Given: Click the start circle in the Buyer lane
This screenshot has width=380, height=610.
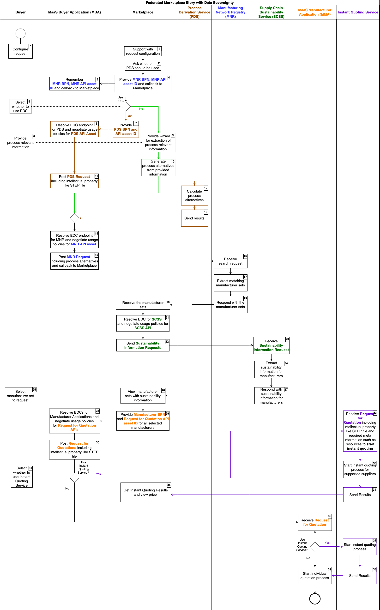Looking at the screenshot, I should pos(20,33).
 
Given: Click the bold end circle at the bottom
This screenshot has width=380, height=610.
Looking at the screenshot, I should pos(315,598).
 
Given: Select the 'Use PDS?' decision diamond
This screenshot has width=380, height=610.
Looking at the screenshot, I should pos(126,107).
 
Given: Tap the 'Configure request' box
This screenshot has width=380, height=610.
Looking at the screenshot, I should pos(20,52).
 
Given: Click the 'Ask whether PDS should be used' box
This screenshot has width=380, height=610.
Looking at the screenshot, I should pos(143,66).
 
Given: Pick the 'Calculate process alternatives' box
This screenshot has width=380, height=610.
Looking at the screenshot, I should pos(194,196).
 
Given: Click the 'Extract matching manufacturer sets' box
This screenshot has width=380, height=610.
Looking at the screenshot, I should pos(230,283).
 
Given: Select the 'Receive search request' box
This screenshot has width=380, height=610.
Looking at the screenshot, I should pos(230,261).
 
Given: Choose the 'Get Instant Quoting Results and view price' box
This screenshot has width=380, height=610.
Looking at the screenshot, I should pos(145,492).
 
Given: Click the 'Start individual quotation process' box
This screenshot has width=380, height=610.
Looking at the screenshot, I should pos(315,576).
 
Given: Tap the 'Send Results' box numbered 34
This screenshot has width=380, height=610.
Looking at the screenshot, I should pos(360,495).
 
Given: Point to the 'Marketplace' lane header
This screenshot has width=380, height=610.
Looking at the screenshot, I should pos(143,12).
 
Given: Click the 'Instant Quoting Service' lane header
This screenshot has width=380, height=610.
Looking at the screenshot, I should pos(358,12).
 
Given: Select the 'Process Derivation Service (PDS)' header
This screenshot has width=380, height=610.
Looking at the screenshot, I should pos(194,12).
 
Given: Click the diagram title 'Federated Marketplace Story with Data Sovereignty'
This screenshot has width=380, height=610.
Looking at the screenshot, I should pos(190,2).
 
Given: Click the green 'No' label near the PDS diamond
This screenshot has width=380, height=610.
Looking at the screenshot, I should pos(141,109).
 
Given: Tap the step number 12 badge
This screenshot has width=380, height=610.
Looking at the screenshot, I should pos(205,188).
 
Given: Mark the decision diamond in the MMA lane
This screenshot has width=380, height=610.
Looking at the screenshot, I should pos(315,547).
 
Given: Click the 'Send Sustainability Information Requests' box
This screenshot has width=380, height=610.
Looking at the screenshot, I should pos(143,345).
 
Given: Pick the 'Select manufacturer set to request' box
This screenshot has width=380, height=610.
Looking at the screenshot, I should pos(20,396).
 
